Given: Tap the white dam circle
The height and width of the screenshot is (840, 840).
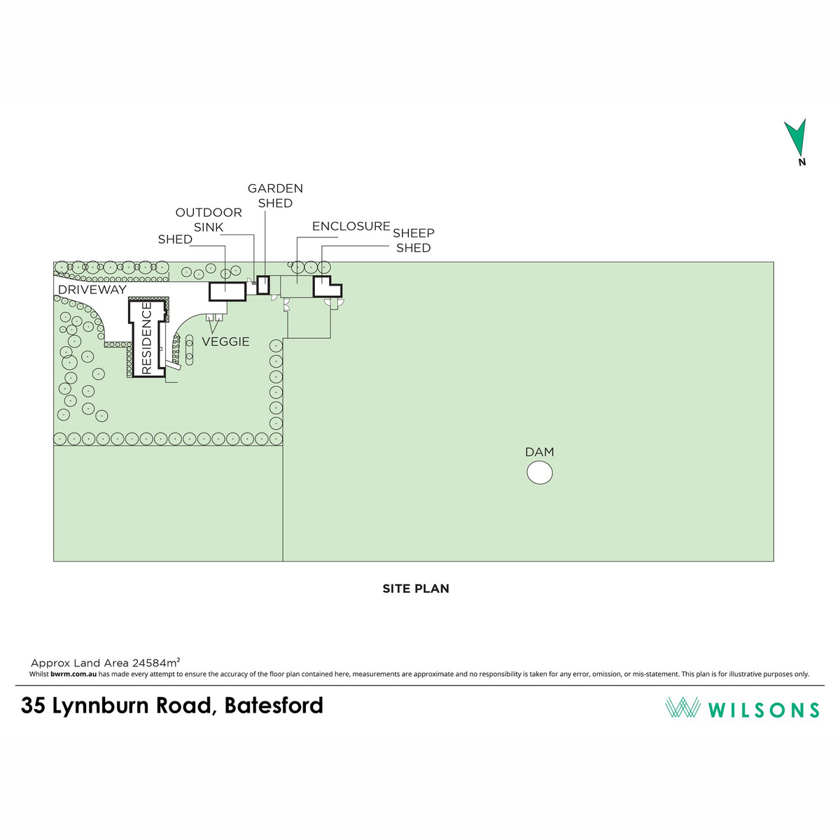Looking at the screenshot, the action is pos(540,472).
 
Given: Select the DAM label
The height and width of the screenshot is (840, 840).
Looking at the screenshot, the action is pos(540,452).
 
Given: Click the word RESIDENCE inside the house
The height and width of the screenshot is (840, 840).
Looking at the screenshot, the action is pos(147,338).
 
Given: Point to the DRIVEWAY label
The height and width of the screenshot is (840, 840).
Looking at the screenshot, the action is pos(92,289).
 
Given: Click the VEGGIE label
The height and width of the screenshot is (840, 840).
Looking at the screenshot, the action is pos(225,342).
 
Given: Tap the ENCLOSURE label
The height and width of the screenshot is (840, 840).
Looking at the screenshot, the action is pos(351,226).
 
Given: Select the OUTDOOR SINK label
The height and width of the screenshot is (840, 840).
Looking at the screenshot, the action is pos(209,220).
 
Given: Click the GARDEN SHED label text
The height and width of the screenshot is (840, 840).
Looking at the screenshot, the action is pos(275,196).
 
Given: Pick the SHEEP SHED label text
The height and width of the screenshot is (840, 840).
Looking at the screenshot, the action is pos(414,240).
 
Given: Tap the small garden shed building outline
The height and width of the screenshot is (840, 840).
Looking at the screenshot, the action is pos(263,285).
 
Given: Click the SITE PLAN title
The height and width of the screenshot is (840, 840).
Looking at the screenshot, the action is pos(416,589).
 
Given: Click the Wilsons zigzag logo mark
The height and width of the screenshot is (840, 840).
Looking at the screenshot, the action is pos(682,707).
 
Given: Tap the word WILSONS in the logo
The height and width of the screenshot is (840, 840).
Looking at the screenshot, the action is pos(764,710).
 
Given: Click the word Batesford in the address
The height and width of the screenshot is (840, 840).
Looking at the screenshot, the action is pos(274,705).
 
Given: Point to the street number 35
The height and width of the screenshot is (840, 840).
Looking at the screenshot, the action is pos(33,706).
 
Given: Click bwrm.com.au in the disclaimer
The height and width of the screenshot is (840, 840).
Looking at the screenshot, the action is pos(73,674).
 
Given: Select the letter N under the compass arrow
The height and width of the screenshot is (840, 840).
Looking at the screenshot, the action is pos(801,162).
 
